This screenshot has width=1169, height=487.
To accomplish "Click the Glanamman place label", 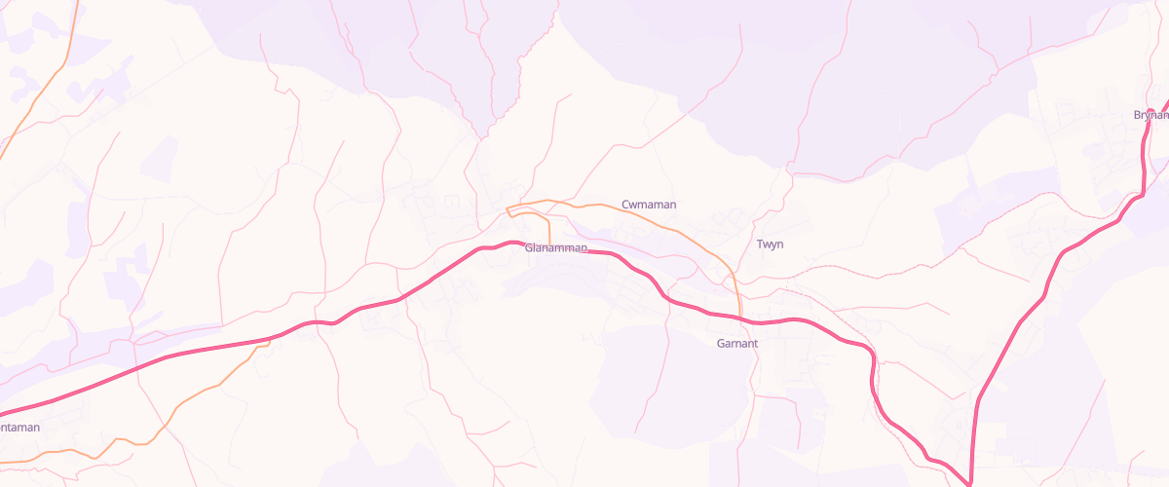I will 556,248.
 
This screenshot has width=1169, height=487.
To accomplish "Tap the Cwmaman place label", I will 649,205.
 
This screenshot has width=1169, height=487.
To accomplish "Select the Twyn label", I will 770,243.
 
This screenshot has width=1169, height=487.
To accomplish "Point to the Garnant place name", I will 737,344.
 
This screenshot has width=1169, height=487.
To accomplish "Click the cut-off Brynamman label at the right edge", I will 1150,115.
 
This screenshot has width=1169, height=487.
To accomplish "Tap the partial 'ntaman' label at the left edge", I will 20,428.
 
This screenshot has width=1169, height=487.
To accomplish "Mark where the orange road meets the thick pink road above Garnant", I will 742,318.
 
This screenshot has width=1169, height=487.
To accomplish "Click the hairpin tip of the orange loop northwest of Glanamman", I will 508,207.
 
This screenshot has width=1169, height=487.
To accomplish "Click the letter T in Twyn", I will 760,243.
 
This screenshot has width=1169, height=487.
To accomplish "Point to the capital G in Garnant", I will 721,344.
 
